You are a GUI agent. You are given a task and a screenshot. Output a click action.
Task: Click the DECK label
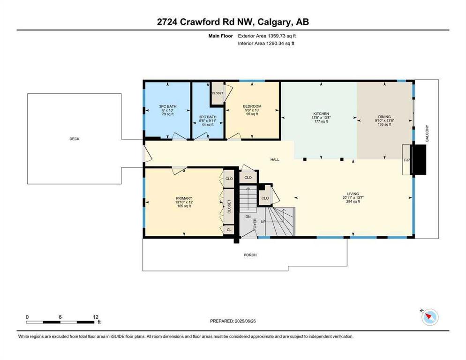click(x=74, y=139)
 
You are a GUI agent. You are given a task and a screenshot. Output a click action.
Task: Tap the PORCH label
click(x=250, y=255)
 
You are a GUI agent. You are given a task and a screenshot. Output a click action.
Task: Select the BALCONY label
click(x=427, y=133)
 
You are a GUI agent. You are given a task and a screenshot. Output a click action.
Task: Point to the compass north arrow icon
click(x=430, y=317)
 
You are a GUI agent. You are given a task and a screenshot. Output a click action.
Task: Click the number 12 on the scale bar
click(x=95, y=317)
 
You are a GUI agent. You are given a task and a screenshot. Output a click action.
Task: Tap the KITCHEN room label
click(x=321, y=114)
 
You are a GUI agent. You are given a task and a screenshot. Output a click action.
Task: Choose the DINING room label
click(x=384, y=117)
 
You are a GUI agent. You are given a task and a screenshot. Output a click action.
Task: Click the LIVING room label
click(x=353, y=194)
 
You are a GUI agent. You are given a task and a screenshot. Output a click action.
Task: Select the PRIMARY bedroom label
click(x=184, y=198)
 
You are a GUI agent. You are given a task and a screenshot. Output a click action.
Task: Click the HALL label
click(x=275, y=160)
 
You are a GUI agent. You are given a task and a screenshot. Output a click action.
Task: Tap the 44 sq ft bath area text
click(x=208, y=125)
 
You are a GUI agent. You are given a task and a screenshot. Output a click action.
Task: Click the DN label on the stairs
click(x=248, y=217)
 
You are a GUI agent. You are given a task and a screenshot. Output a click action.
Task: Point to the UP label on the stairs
click(x=263, y=222)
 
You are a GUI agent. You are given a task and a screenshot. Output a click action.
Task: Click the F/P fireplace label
click(x=407, y=160)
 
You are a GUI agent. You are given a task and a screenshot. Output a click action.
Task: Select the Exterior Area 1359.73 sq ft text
click(x=267, y=36)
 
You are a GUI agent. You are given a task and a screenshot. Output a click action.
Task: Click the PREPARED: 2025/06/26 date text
click(x=233, y=321)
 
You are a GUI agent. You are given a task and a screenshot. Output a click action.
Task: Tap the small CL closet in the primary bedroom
click(x=229, y=230)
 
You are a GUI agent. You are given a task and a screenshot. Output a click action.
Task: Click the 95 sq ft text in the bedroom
click(x=252, y=114)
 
